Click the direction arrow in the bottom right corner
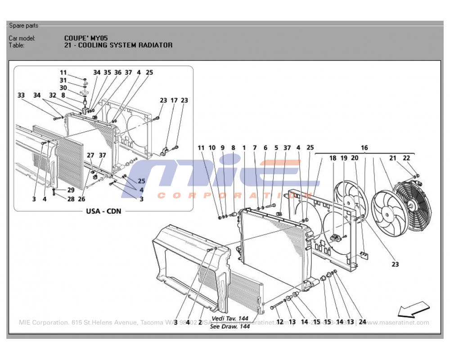414,309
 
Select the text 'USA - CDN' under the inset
103,211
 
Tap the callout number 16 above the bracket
364,148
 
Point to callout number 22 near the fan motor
406,158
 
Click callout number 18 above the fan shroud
333,158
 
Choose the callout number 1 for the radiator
244,148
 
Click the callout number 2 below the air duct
199,322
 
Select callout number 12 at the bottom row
279,322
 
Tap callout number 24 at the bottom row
362,322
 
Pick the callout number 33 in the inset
21,95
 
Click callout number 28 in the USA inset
71,199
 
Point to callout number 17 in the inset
174,101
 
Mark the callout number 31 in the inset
63,80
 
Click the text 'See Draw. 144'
230,327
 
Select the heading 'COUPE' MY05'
86,38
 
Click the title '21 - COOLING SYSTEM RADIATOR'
118,45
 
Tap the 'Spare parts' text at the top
24,26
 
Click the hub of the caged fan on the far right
411,203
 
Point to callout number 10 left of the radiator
211,148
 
